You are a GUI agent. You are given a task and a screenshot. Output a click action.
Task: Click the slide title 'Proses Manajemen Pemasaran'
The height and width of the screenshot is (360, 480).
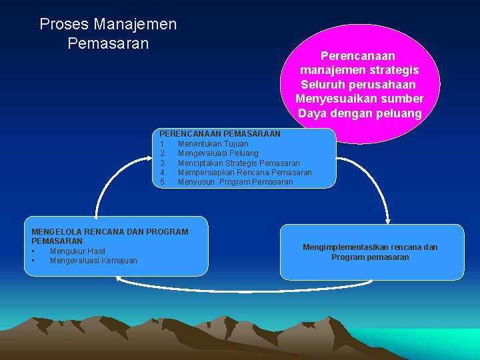click(x=108, y=34)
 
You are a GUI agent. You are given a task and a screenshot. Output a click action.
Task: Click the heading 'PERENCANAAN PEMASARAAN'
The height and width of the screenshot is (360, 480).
click(x=219, y=134)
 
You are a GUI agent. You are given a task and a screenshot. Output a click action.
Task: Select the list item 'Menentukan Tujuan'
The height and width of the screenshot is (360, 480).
click(x=213, y=144)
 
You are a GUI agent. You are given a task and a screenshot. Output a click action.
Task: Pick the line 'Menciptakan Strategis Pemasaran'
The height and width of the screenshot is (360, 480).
click(x=239, y=163)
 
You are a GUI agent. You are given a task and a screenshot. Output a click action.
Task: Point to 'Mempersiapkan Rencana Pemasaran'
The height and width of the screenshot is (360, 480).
click(x=245, y=173)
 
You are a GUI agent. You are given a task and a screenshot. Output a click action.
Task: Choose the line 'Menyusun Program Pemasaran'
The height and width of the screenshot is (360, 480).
click(x=235, y=182)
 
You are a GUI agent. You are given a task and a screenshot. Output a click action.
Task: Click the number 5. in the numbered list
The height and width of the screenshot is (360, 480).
click(x=163, y=182)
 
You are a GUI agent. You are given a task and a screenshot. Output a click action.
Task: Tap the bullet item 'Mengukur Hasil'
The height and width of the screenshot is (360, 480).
click(x=77, y=251)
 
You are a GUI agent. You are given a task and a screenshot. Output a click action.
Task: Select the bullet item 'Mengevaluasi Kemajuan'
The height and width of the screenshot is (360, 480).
click(x=93, y=261)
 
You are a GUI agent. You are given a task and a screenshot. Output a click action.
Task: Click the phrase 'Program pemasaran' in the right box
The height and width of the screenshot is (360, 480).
click(x=370, y=257)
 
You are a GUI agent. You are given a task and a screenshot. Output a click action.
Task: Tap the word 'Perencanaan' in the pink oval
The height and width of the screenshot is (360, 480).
click(x=358, y=56)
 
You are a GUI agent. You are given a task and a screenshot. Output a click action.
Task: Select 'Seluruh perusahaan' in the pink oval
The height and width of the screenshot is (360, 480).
click(x=358, y=85)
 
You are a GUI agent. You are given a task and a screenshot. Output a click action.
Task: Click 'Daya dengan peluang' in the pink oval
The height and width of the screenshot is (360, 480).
click(x=360, y=113)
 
